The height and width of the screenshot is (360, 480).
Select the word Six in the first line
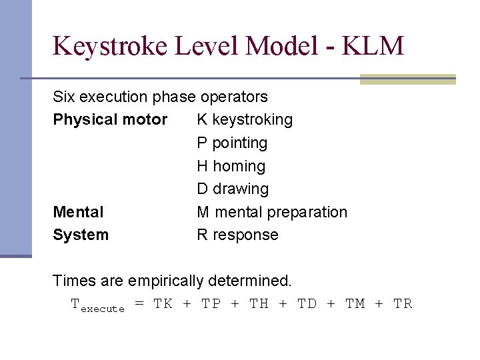click(x=64, y=97)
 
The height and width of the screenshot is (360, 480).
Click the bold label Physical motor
click(x=110, y=120)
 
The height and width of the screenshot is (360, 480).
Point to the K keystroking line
click(x=245, y=120)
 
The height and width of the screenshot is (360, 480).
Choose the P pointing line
click(x=232, y=143)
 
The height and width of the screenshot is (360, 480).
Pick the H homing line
click(x=231, y=166)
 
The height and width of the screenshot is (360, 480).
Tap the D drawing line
click(x=233, y=189)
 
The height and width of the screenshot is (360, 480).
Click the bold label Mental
click(x=78, y=212)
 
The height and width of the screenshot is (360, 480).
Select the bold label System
click(x=81, y=235)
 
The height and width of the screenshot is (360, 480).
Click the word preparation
click(x=309, y=213)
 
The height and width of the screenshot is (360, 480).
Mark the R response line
click(x=237, y=235)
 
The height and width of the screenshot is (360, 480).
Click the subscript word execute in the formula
click(x=102, y=309)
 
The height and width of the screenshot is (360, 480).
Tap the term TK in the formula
click(x=163, y=304)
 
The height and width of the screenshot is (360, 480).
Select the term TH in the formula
click(x=259, y=304)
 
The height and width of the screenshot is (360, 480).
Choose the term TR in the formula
click(x=403, y=304)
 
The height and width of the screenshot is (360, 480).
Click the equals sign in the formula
click(x=139, y=304)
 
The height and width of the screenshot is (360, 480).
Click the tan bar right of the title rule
click(x=407, y=79)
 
